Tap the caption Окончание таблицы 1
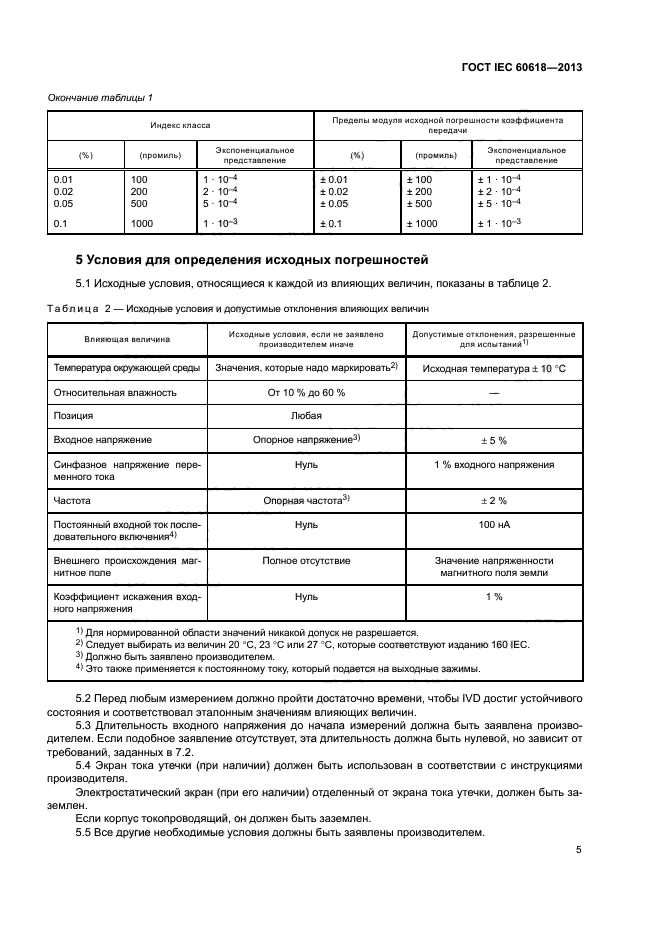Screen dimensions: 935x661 [101, 97]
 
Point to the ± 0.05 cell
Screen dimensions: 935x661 [334, 203]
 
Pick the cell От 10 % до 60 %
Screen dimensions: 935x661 [306, 392]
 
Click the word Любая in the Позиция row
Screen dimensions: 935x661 [306, 415]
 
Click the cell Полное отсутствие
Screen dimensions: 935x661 [306, 561]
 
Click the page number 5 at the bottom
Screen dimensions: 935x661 [578, 850]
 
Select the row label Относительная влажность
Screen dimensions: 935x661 [114, 392]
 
